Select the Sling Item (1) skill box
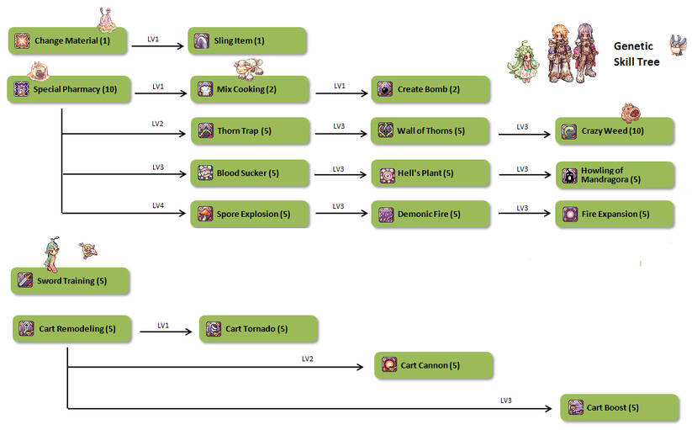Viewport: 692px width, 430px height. (x=246, y=40)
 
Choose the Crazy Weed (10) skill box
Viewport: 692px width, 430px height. (x=615, y=131)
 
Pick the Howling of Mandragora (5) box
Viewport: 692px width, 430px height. (x=615, y=174)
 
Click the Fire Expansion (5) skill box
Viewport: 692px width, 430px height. (x=615, y=214)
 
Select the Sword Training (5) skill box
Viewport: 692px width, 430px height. (x=71, y=280)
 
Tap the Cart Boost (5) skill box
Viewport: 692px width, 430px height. (x=619, y=408)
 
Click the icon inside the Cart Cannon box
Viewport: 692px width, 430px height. (x=389, y=365)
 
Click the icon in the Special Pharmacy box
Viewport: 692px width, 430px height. (x=21, y=89)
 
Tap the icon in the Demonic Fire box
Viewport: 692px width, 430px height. (x=386, y=214)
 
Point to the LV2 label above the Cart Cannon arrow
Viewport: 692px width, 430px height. (x=308, y=358)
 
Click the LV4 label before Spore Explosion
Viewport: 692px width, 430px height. (x=158, y=204)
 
